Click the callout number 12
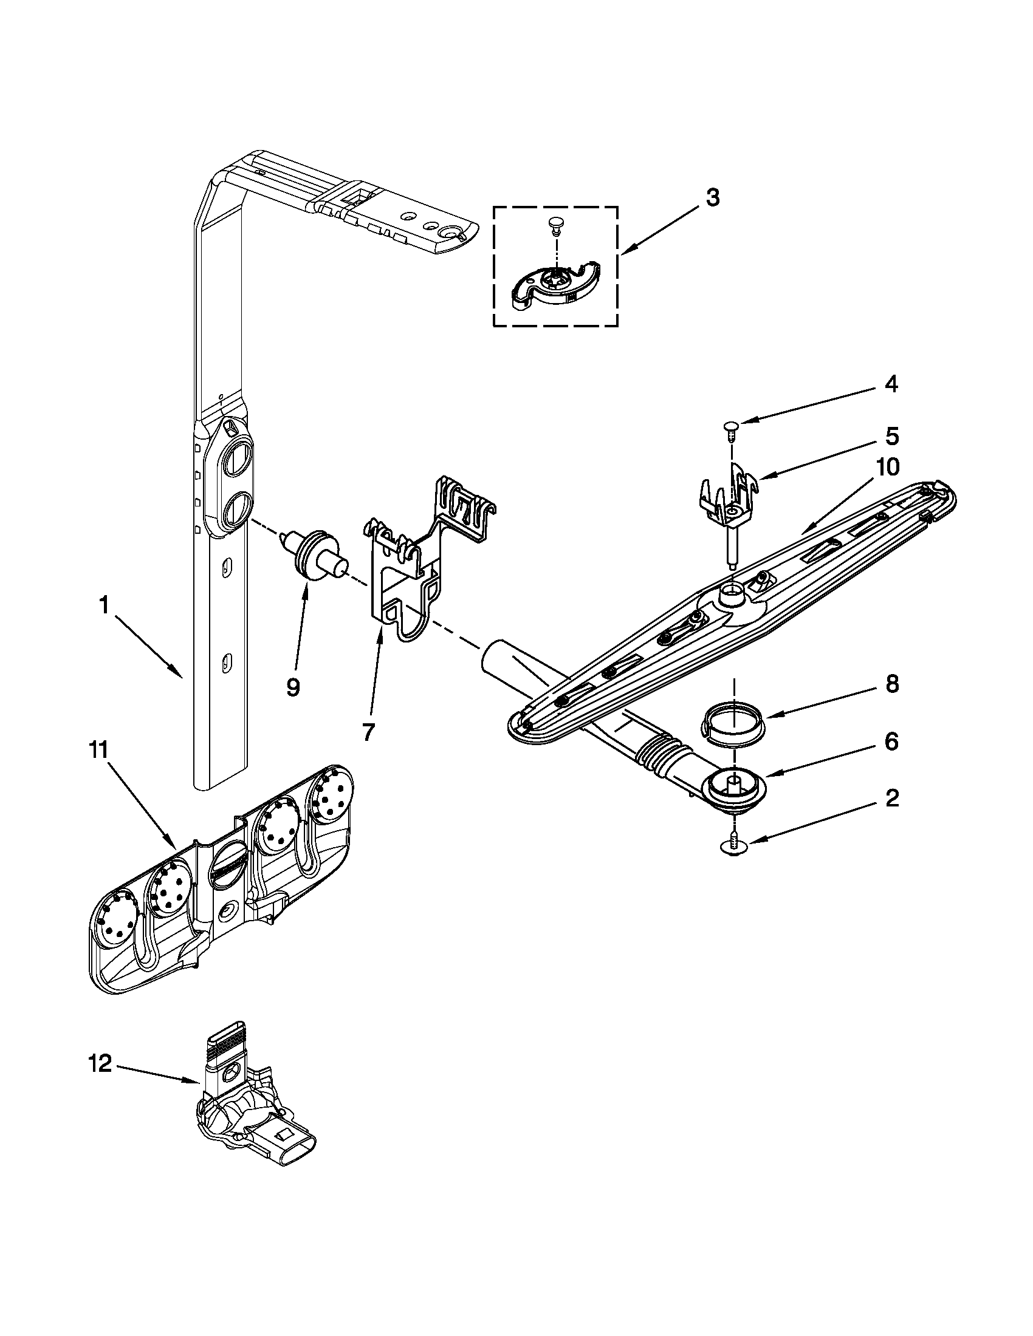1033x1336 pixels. pyautogui.click(x=100, y=1065)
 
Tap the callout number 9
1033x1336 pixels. pyautogui.click(x=293, y=687)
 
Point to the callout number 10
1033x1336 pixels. pyautogui.click(x=887, y=468)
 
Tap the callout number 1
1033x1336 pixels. pyautogui.click(x=104, y=605)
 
